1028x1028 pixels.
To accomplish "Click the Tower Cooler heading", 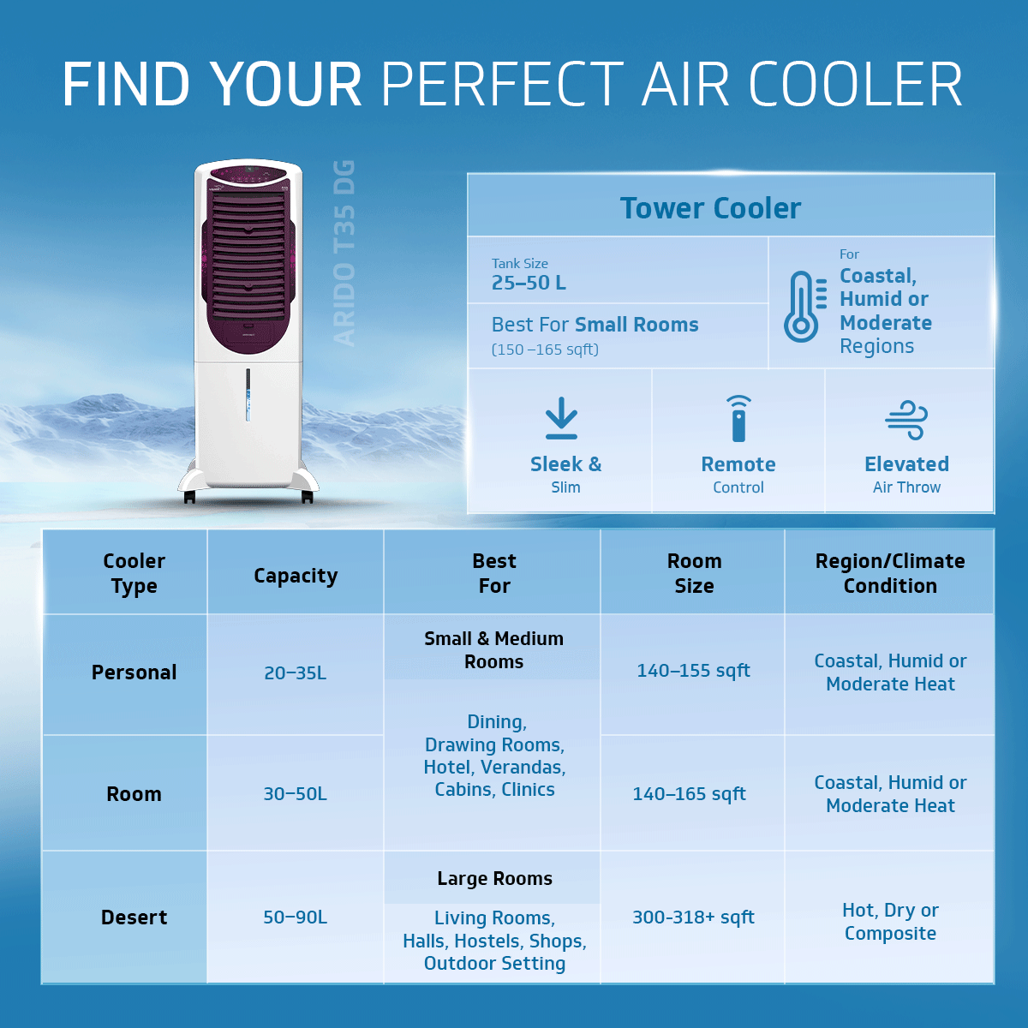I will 710,208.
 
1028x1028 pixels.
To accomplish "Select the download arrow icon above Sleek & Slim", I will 561,418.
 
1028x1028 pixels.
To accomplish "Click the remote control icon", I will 738,418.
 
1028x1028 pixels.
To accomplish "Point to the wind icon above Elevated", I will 906,419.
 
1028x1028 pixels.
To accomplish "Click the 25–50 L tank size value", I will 529,283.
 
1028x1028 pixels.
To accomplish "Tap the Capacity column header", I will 296,576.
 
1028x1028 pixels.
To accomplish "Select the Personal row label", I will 134,672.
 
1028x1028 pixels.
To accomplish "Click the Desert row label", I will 134,917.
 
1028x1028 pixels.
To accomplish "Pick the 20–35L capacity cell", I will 295,673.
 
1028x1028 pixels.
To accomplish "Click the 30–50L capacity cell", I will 295,794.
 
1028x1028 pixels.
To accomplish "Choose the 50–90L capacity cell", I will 295,917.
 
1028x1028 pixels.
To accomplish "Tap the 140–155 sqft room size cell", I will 693,671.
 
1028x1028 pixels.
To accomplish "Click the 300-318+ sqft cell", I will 693,917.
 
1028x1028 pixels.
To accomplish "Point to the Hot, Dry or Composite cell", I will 890,922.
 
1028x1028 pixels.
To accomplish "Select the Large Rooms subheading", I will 494,879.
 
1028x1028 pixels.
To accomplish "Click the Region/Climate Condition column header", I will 890,573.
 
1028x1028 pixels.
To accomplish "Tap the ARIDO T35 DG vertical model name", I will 344,253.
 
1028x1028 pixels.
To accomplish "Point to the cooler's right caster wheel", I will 307,497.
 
